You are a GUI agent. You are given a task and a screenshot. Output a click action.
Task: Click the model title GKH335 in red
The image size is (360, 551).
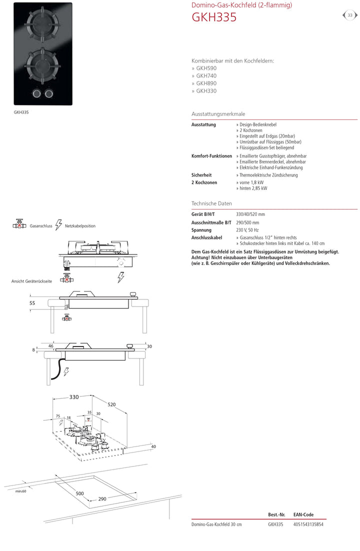pyautogui.click(x=214, y=17)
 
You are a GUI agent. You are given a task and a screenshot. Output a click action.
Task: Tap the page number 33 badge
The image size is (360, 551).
pyautogui.click(x=350, y=15)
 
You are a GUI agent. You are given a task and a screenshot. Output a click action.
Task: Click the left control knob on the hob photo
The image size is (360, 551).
pyautogui.click(x=37, y=93)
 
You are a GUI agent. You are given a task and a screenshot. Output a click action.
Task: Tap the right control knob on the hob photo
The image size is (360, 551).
pyautogui.click(x=49, y=93)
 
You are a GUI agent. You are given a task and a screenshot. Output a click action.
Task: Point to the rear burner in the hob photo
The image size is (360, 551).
pyautogui.click(x=42, y=24)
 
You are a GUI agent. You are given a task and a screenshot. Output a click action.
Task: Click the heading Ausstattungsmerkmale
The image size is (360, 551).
pyautogui.click(x=218, y=114)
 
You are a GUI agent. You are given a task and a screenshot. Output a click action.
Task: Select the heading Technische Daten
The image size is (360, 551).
pyautogui.click(x=211, y=203)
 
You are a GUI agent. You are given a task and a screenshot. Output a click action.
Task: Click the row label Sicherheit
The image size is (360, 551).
pyautogui.click(x=201, y=175)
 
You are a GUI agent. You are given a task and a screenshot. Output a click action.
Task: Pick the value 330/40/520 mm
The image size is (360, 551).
pyautogui.click(x=250, y=214)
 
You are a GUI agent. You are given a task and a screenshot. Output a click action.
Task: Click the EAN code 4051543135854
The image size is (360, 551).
pyautogui.click(x=307, y=524)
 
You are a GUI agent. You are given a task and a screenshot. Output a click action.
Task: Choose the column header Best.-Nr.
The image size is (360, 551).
pyautogui.click(x=276, y=514)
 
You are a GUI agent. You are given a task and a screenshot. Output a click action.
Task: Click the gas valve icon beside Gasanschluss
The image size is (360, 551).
pyautogui.click(x=19, y=225)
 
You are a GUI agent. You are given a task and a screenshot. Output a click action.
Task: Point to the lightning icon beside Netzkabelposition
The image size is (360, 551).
pyautogui.click(x=58, y=224)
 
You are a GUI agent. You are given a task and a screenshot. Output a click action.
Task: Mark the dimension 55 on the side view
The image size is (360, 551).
pyautogui.click(x=32, y=303)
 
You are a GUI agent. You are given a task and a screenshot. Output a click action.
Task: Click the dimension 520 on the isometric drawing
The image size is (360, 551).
pyautogui.click(x=111, y=404)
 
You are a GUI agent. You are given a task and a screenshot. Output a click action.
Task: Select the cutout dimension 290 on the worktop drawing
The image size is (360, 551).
pyautogui.click(x=102, y=499)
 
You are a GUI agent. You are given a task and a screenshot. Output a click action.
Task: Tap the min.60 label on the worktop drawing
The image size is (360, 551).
pyautogui.click(x=20, y=491)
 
